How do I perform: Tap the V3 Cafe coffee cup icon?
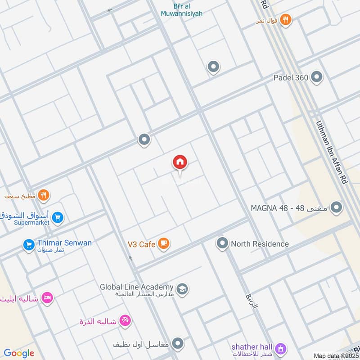164,244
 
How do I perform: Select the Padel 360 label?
291,78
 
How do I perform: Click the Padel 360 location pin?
317,77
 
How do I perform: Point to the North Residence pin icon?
222,244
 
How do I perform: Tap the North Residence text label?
260,244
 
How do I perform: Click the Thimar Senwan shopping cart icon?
29,245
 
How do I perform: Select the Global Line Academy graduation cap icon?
182,288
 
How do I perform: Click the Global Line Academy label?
136,287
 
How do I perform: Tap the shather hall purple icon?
281,348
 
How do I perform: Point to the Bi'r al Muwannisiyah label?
181,9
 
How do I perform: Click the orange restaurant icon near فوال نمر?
285,19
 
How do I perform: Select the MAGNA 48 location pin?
336,208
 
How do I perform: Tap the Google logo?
18,353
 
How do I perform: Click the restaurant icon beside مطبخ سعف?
44,195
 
